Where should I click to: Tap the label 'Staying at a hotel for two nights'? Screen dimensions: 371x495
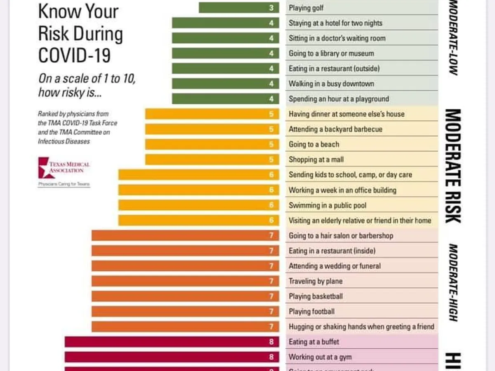click(x=335, y=23)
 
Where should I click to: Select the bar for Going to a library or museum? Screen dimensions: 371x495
click(x=225, y=53)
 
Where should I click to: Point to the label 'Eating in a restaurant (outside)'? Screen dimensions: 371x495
click(x=334, y=68)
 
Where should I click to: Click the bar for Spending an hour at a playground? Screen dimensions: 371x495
click(x=225, y=99)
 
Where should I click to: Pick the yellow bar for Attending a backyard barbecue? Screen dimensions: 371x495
click(x=212, y=129)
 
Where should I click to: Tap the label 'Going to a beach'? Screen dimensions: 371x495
click(x=314, y=144)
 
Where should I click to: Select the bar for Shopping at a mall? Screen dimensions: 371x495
click(x=212, y=160)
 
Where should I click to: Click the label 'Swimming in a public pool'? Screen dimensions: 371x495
click(x=328, y=205)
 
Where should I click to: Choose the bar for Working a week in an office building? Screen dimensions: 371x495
click(x=198, y=190)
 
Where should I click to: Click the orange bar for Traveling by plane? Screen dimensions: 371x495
click(x=185, y=281)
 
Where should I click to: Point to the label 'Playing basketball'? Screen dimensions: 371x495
click(x=316, y=296)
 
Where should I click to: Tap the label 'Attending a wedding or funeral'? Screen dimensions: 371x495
click(x=335, y=266)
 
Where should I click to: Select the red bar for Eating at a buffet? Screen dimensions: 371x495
click(x=172, y=342)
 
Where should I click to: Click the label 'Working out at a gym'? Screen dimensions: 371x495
click(x=320, y=357)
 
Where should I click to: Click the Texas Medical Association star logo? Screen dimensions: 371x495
click(x=44, y=167)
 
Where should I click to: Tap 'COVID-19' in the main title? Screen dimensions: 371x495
click(x=74, y=55)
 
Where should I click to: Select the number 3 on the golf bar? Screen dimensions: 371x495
click(x=271, y=8)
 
